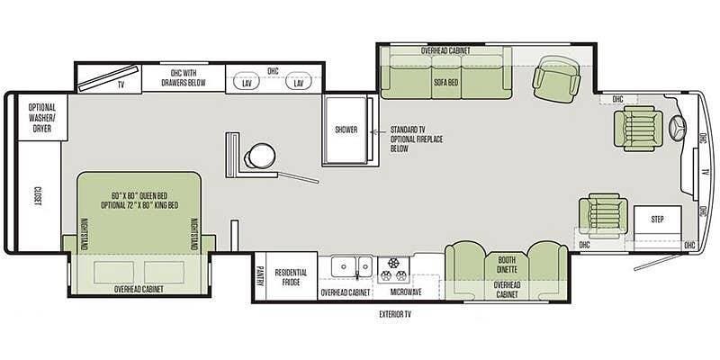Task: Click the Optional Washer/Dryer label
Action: click(x=41, y=118)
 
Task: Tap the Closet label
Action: click(x=37, y=196)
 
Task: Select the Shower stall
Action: click(x=346, y=130)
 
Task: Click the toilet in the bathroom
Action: click(x=258, y=156)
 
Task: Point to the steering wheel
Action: click(x=679, y=126)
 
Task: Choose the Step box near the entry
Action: click(x=658, y=220)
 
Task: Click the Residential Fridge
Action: click(x=291, y=275)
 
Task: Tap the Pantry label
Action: click(x=260, y=276)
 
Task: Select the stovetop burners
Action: click(x=393, y=270)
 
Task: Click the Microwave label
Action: click(x=406, y=292)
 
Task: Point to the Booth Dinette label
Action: click(x=507, y=265)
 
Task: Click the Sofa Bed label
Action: click(x=445, y=83)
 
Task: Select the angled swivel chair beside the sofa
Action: click(x=556, y=78)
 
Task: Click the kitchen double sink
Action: click(x=352, y=265)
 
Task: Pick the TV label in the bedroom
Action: click(x=121, y=85)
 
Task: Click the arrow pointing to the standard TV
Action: click(x=379, y=131)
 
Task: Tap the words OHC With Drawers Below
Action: click(x=188, y=78)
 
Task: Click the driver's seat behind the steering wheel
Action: click(x=638, y=128)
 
